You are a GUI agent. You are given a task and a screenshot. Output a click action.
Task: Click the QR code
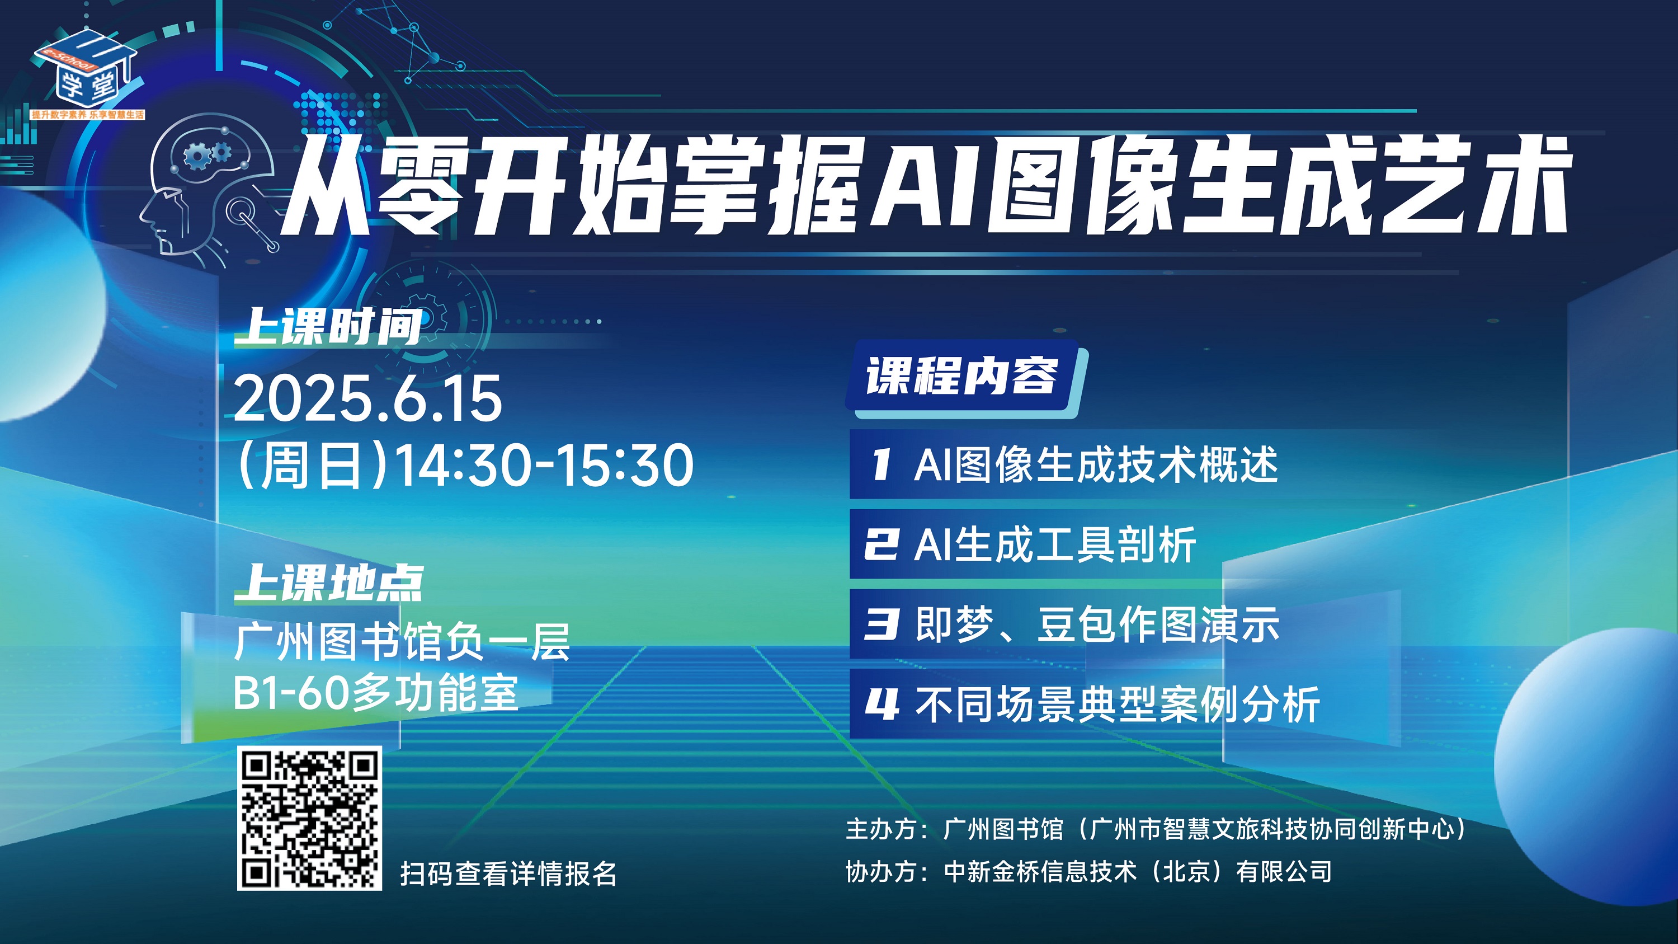[x=309, y=818]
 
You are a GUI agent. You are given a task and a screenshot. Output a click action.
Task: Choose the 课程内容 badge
[x=961, y=377]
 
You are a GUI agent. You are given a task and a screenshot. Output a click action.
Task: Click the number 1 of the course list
[x=881, y=464]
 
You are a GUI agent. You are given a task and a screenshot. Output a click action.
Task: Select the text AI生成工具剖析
[x=1055, y=544]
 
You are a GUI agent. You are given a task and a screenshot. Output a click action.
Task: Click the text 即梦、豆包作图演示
[x=1097, y=625]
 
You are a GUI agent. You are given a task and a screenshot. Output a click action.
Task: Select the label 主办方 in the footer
[x=881, y=829]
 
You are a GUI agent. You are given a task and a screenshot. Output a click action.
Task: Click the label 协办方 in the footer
[x=881, y=872]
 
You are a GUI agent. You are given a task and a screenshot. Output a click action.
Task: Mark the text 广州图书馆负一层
[x=402, y=642]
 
